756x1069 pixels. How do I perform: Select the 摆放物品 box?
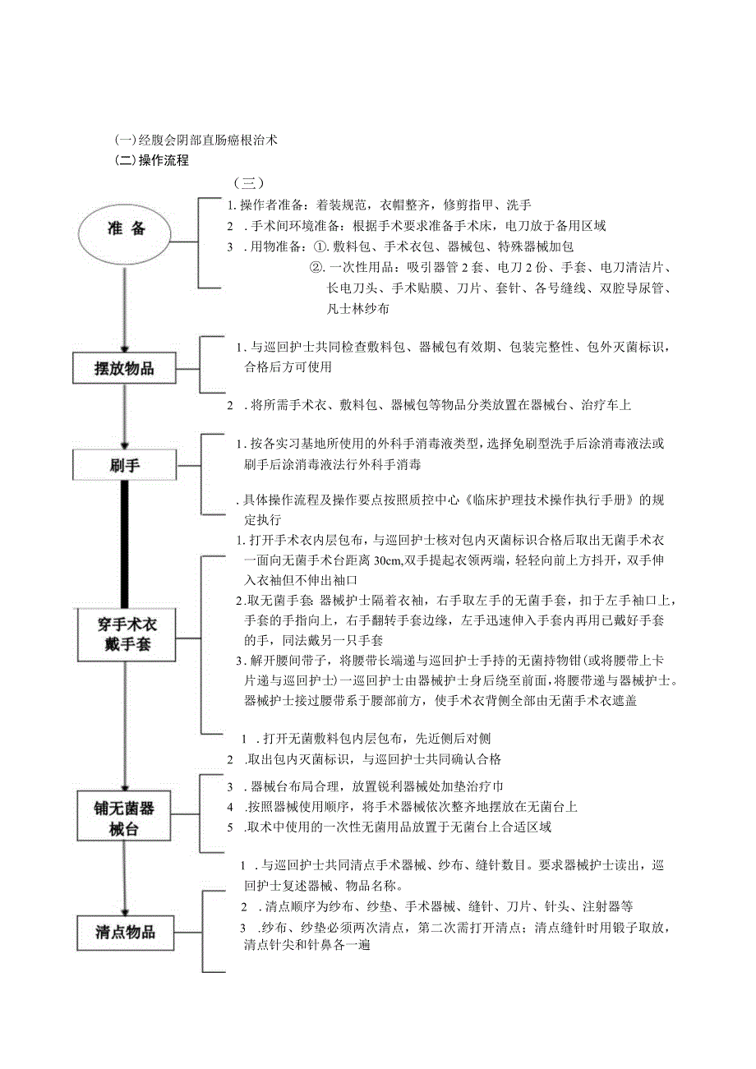(124, 368)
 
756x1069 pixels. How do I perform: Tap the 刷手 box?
(124, 466)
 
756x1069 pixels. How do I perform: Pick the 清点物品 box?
(125, 932)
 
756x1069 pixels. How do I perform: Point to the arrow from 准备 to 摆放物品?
(124, 304)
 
